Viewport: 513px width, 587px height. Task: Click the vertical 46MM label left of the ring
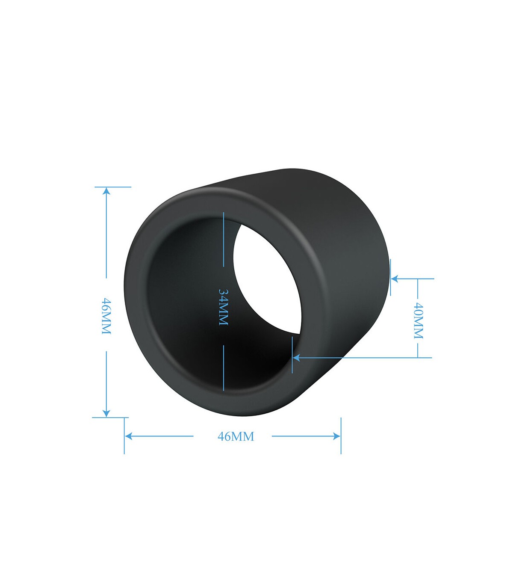coord(106,316)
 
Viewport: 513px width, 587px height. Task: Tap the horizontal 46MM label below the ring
coord(236,436)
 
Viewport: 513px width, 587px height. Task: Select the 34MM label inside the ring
coord(223,307)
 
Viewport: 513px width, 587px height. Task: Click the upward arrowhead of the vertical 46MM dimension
coord(106,191)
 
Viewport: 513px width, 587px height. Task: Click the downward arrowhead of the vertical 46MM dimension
coord(106,413)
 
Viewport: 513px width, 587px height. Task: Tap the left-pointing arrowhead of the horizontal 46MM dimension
coord(129,436)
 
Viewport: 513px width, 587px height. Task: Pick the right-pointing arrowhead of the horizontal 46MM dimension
coord(336,436)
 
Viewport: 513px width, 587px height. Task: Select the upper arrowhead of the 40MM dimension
coord(395,279)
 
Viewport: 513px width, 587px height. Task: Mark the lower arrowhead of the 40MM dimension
coord(296,358)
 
